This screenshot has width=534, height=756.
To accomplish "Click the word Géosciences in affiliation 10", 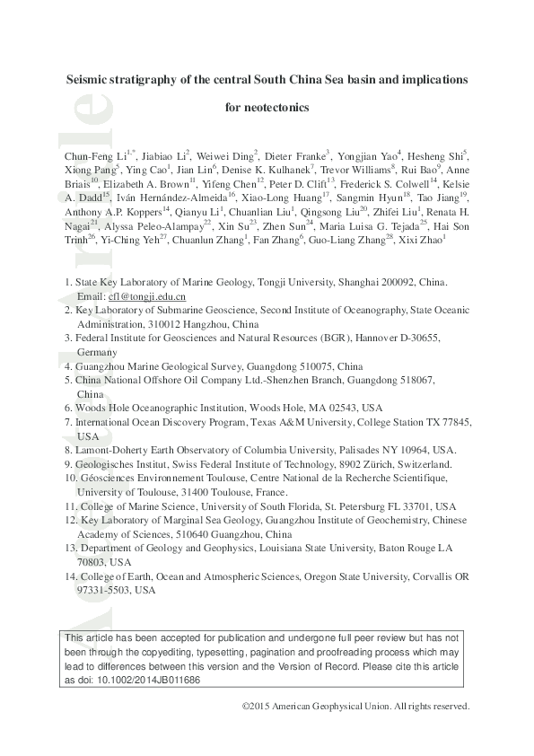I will click(x=106, y=479).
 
